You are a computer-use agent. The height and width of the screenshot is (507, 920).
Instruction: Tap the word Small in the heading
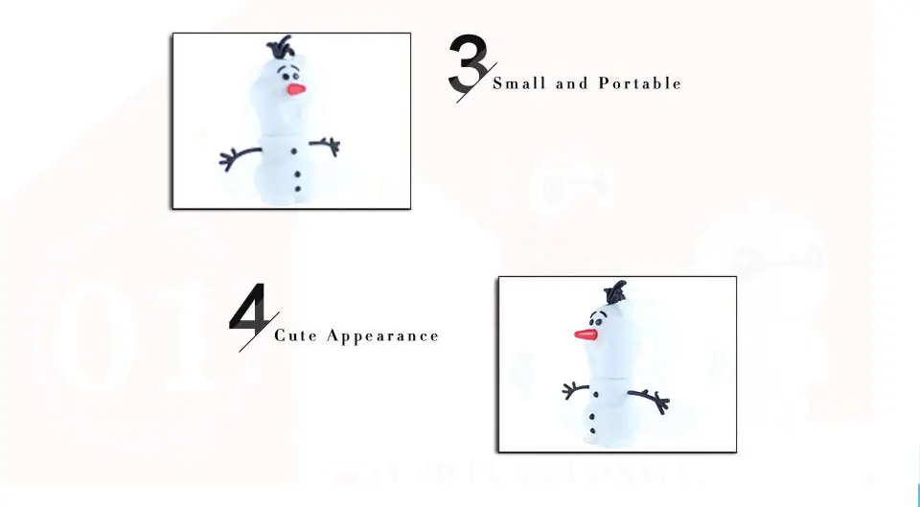[x=517, y=83]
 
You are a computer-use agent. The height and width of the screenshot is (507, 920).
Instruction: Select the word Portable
[x=640, y=83]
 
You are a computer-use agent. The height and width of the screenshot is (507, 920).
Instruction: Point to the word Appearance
[x=382, y=336]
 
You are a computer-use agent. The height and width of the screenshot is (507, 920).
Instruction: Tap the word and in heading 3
[x=571, y=83]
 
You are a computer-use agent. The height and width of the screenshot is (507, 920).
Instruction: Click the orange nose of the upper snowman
[x=296, y=88]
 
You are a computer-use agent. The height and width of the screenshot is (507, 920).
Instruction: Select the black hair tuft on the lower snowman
[x=617, y=289]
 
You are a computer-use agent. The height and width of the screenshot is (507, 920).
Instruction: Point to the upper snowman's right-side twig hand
[x=332, y=146]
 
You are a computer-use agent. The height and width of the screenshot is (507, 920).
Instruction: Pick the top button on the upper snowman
[x=293, y=153]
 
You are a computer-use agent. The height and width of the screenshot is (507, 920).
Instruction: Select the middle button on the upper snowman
[x=297, y=173]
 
